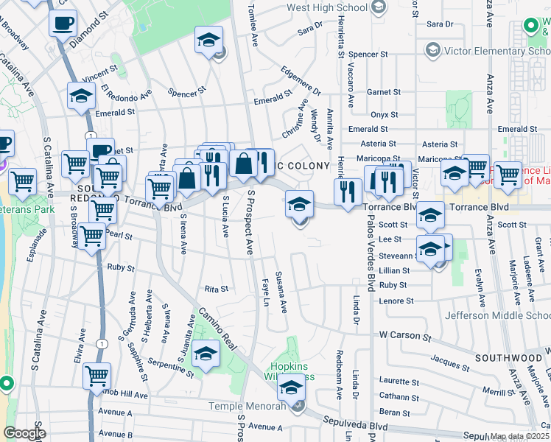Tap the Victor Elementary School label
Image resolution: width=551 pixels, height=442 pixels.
(x=489, y=51)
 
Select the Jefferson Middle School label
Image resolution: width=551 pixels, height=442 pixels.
(x=497, y=315)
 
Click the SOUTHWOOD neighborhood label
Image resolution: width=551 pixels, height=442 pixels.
(x=508, y=358)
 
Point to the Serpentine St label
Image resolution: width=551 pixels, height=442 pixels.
(x=171, y=365)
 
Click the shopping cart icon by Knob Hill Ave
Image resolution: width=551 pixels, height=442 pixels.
(x=96, y=376)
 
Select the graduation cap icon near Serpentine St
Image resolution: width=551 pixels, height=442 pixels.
(x=206, y=355)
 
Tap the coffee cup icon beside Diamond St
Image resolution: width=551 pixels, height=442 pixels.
(x=63, y=22)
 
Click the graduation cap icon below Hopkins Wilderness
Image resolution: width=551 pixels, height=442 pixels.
(x=292, y=388)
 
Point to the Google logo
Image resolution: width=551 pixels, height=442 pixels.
(x=25, y=433)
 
